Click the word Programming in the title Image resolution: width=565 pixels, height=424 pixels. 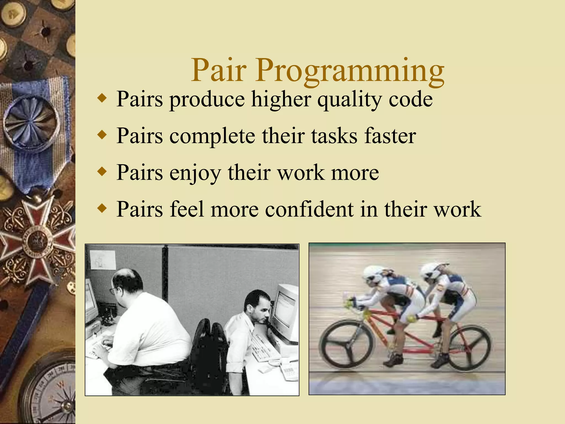(x=350, y=70)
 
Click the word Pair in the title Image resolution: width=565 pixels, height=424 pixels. (x=218, y=70)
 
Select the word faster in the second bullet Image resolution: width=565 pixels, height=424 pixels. (x=390, y=136)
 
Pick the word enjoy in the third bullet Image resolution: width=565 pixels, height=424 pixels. (x=195, y=173)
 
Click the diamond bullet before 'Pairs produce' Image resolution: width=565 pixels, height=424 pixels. (x=102, y=99)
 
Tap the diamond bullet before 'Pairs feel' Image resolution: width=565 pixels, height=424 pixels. (x=102, y=208)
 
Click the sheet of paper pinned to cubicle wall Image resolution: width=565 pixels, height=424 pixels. (x=103, y=260)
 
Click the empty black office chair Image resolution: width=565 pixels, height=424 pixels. (x=210, y=356)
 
